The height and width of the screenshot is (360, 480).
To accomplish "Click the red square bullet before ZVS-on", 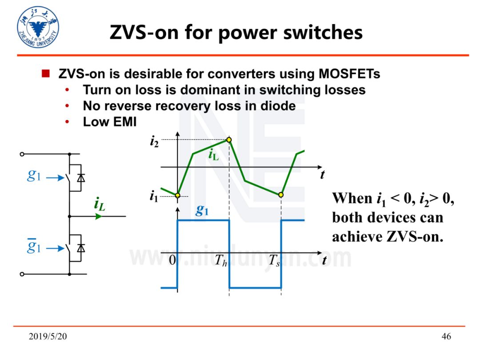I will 45,73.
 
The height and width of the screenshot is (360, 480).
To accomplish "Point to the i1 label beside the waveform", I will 154,196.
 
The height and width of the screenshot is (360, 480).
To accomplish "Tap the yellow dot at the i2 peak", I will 229,140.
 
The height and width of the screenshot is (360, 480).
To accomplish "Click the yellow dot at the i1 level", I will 177,195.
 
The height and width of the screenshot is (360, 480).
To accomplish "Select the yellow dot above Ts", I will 281,195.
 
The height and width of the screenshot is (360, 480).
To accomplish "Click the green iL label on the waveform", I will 213,155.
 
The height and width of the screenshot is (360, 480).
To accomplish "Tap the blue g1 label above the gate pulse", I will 202,210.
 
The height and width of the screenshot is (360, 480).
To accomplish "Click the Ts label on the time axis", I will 274,261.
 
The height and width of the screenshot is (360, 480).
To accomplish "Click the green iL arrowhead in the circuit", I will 99,216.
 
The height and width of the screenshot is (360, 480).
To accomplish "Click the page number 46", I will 446,336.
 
